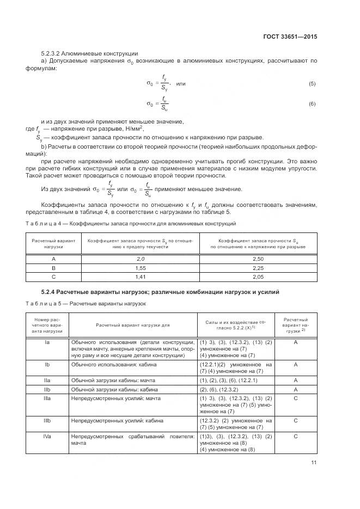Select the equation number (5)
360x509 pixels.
click(312, 84)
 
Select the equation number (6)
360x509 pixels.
click(312, 103)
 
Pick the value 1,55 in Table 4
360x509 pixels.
click(141, 268)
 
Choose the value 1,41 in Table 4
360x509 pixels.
click(141, 277)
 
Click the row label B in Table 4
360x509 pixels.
click(53, 268)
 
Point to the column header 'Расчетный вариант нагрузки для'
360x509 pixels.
click(133, 325)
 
